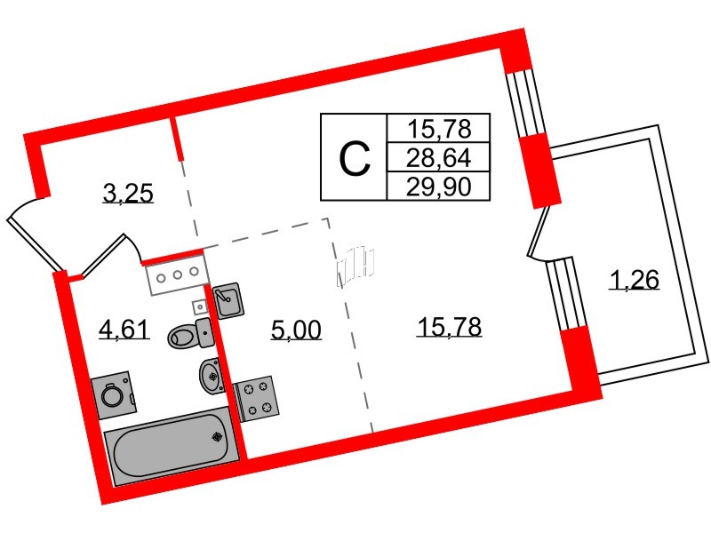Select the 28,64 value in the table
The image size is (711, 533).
tap(438, 157)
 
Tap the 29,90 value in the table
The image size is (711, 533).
tap(438, 185)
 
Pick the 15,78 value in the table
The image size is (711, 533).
tap(438, 128)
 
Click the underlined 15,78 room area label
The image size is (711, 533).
tap(449, 327)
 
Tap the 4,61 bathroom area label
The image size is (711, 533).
tap(124, 332)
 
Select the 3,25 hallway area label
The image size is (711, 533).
tap(129, 191)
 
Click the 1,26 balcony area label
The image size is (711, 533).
tap(633, 282)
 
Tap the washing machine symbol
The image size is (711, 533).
tap(114, 394)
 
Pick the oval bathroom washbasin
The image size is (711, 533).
tap(212, 376)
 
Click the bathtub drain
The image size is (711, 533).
tap(216, 436)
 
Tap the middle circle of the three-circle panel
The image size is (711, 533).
tap(178, 274)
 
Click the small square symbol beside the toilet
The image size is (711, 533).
tap(199, 306)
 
